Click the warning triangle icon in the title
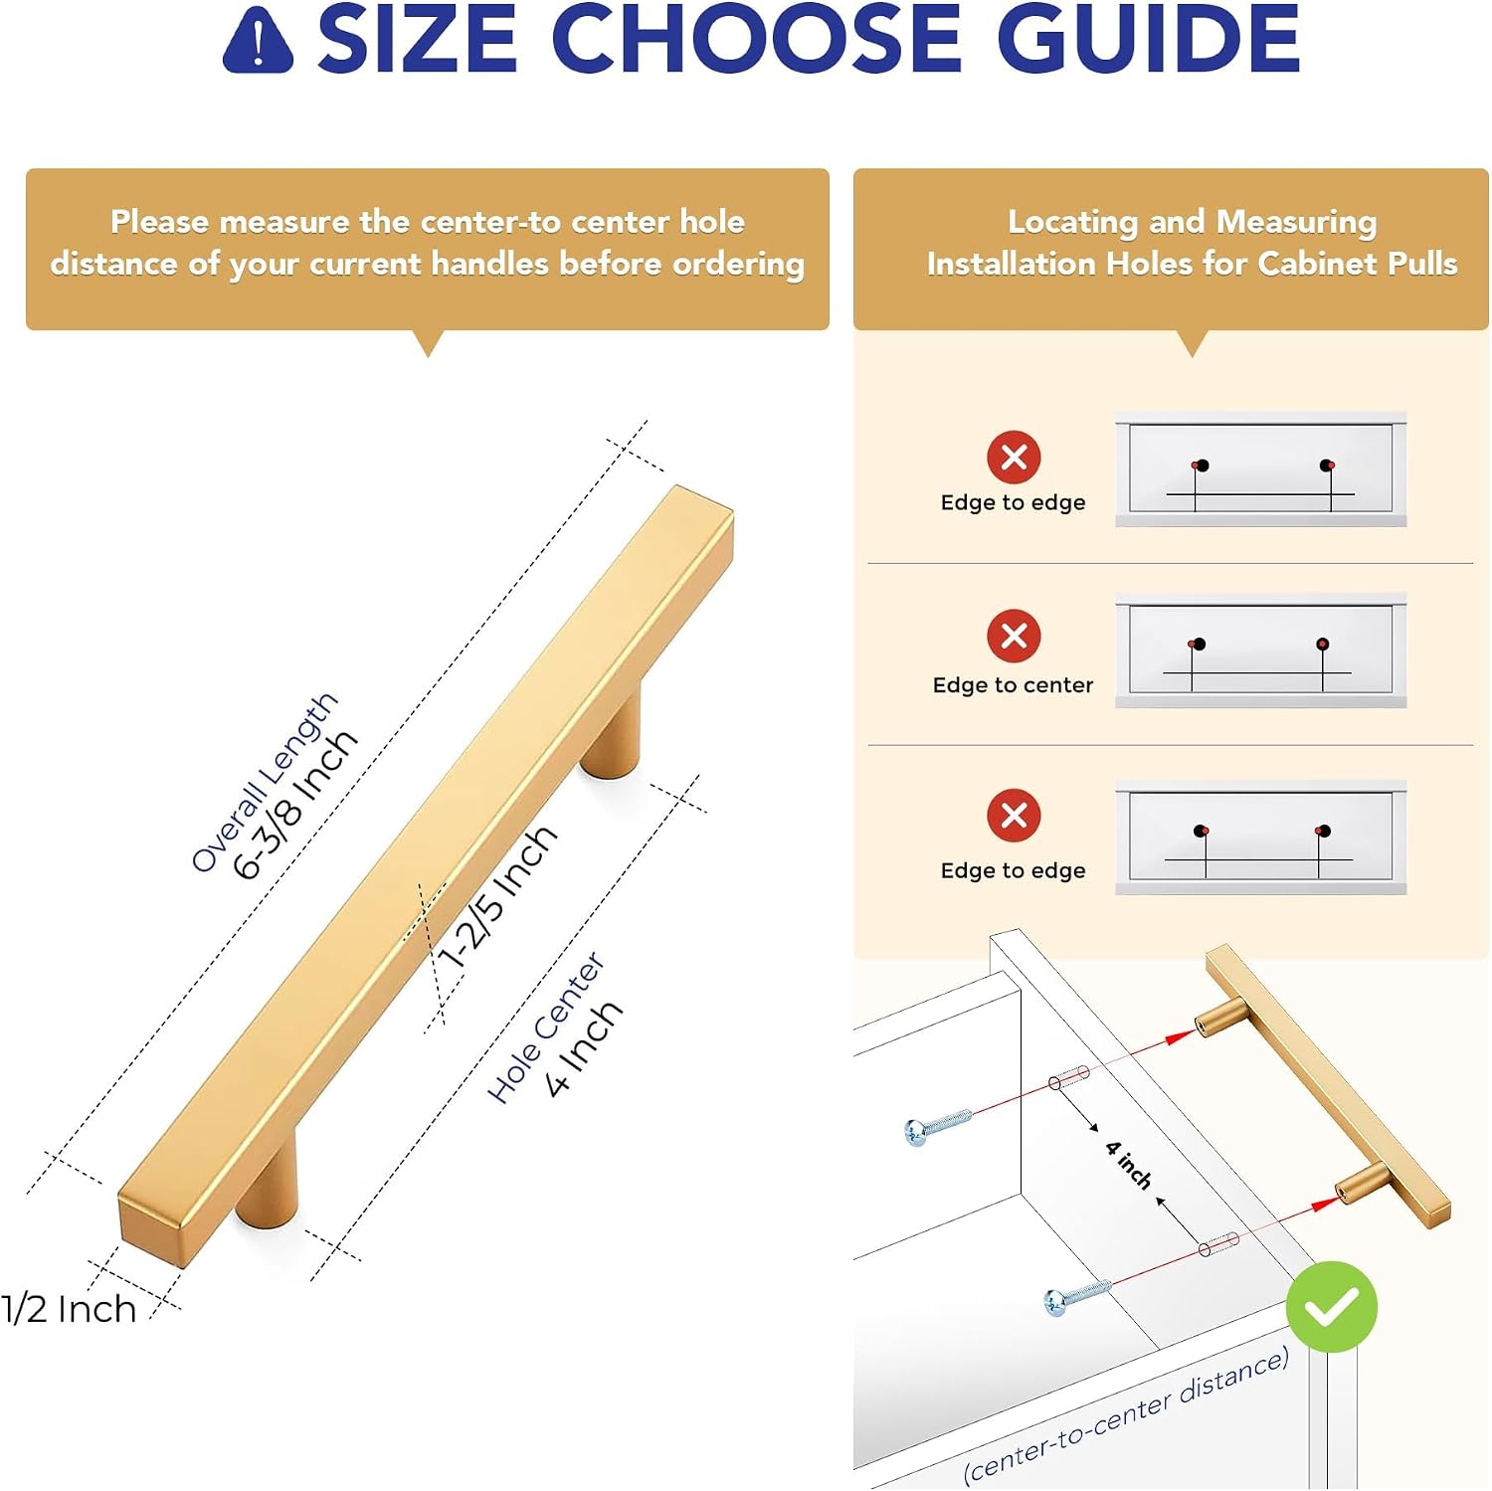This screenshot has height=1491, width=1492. pos(258,40)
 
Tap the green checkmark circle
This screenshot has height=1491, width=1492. pos(1331,1306)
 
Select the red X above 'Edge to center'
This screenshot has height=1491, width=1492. pos(1014,636)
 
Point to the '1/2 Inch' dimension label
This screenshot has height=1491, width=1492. pos(69,1309)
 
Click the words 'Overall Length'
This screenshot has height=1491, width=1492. pos(264,782)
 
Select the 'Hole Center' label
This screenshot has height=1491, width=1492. pos(545,1027)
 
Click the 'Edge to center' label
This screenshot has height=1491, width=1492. pos(1013,684)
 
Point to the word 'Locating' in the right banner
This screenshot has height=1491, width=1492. pos(1072,222)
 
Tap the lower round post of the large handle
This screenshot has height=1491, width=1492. pos(268,1184)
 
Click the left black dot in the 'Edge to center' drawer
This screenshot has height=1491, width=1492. pos(1199,645)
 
